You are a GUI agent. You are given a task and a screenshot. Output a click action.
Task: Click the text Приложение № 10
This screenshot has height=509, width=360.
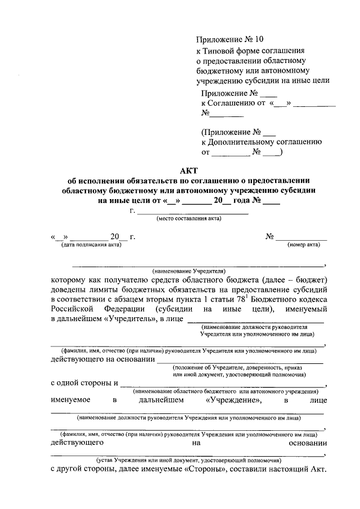(x=229, y=39)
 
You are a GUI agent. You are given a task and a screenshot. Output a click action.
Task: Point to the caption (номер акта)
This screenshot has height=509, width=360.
(x=304, y=245)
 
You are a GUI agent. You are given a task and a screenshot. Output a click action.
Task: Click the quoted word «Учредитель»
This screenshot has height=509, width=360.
(x=130, y=320)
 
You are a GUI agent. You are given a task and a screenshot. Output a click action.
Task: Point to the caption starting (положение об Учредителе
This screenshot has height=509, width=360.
(x=239, y=367)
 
